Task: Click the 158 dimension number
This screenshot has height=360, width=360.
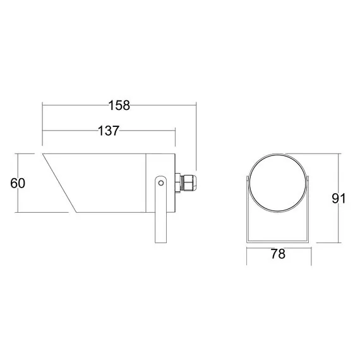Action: coord(119,105)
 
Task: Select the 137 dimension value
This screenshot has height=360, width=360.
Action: coord(109,131)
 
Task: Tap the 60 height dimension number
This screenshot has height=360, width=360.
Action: coord(18,183)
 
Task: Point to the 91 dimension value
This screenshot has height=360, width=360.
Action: coord(339,198)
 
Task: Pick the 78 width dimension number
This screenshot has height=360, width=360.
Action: coord(278,254)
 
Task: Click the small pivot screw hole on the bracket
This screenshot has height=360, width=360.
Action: coord(162,183)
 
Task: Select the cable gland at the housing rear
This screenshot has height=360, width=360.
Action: coord(186,183)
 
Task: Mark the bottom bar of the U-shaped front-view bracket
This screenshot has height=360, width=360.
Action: coord(278,241)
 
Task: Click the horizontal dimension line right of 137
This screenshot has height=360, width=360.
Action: coord(148,131)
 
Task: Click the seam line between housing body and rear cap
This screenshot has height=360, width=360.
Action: coord(147,183)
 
